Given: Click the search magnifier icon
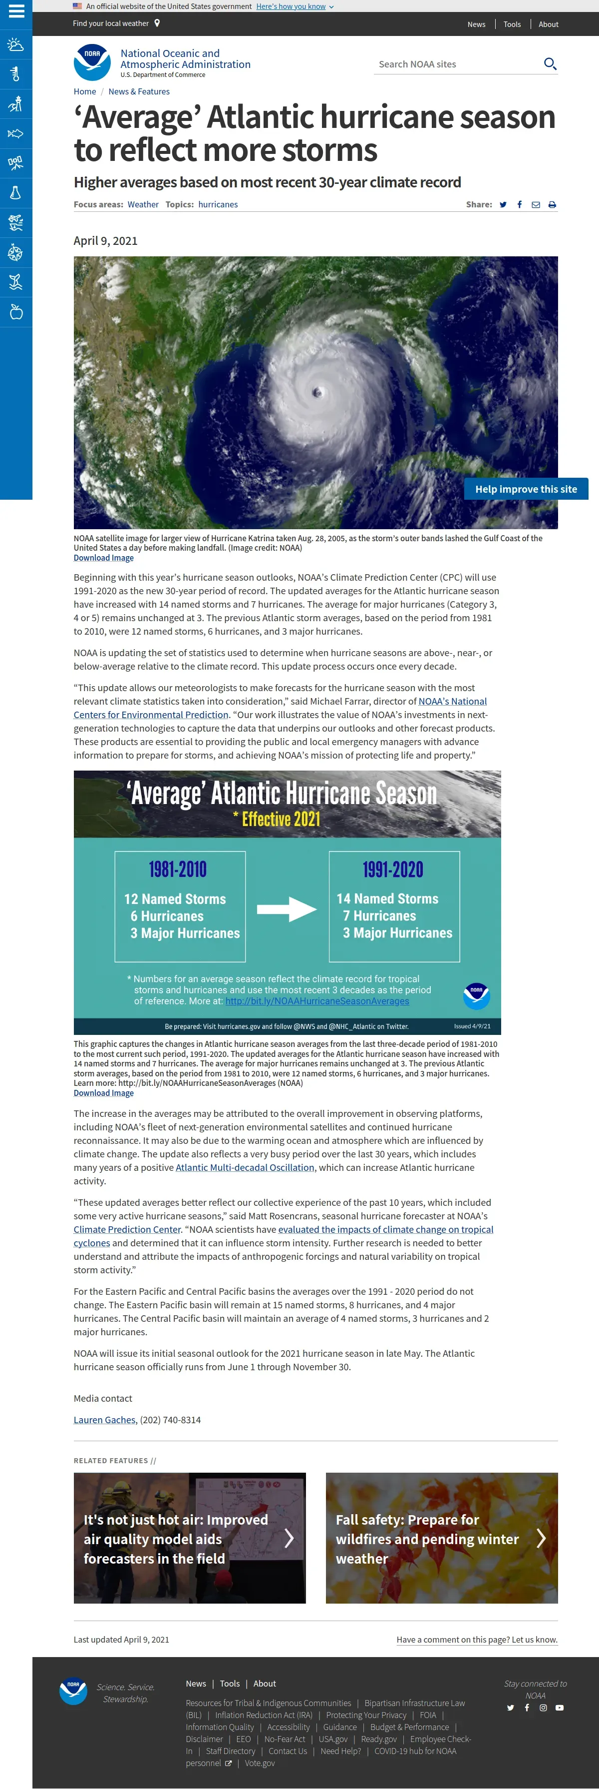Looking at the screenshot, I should pos(550,64).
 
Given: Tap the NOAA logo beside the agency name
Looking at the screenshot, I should pos(92,62).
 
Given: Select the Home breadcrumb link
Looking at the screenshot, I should pos(85,91).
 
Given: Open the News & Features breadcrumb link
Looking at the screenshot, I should pos(139,91).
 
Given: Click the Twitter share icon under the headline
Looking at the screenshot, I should pos(503,205).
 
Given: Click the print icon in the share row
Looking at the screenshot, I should pos(552,205).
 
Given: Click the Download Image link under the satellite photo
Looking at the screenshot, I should pos(103,558).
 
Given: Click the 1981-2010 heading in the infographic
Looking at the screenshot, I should pos(178,870).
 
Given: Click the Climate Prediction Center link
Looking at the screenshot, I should pos(127,1229).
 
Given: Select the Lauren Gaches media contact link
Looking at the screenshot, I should pos(105,1420).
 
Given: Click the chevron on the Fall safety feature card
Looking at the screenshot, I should pos(541,1538).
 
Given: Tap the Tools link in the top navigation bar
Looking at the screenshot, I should pos(512,24).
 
